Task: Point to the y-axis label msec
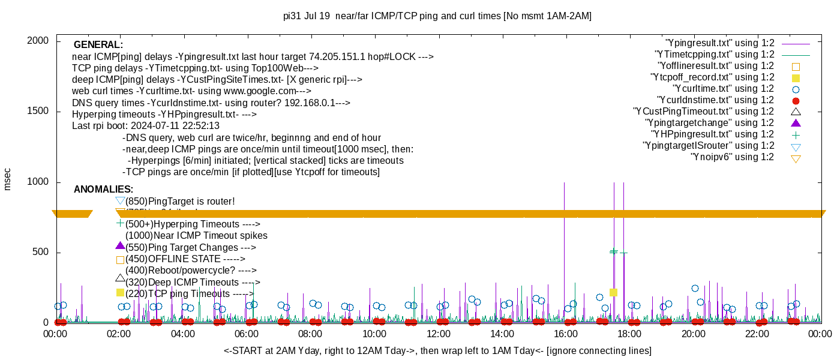click(x=8, y=179)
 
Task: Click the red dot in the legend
click(x=796, y=100)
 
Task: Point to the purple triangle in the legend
click(x=796, y=123)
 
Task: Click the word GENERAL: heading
click(x=98, y=45)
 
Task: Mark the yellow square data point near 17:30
click(x=613, y=293)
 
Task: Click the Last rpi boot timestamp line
click(x=146, y=126)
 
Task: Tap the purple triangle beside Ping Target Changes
click(x=120, y=246)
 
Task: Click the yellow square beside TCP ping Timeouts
click(x=120, y=293)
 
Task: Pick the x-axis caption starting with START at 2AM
click(x=437, y=350)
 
